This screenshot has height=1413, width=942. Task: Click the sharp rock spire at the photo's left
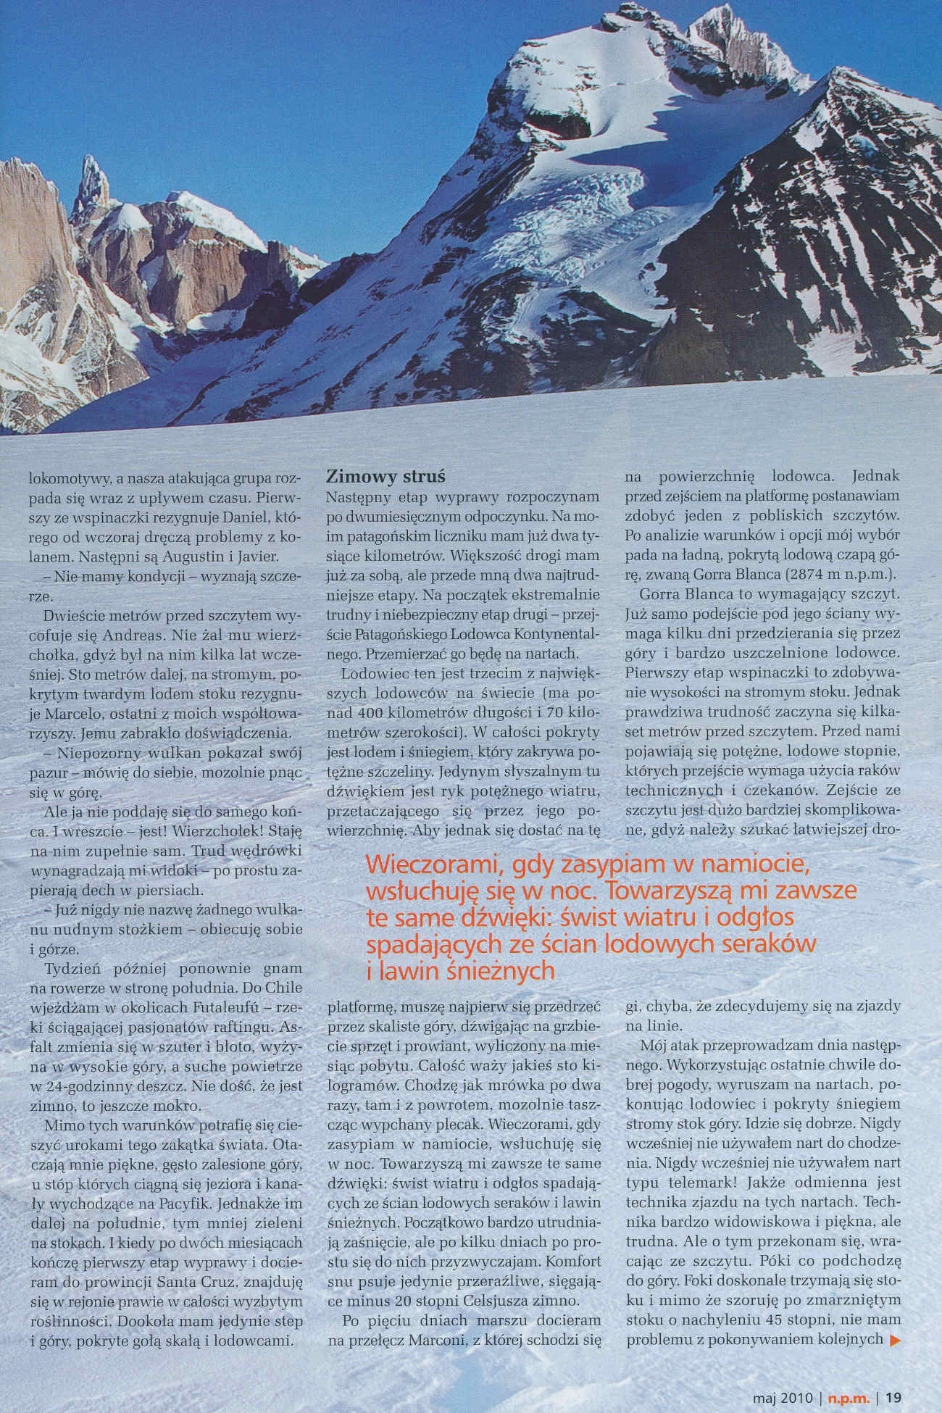[92, 181]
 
